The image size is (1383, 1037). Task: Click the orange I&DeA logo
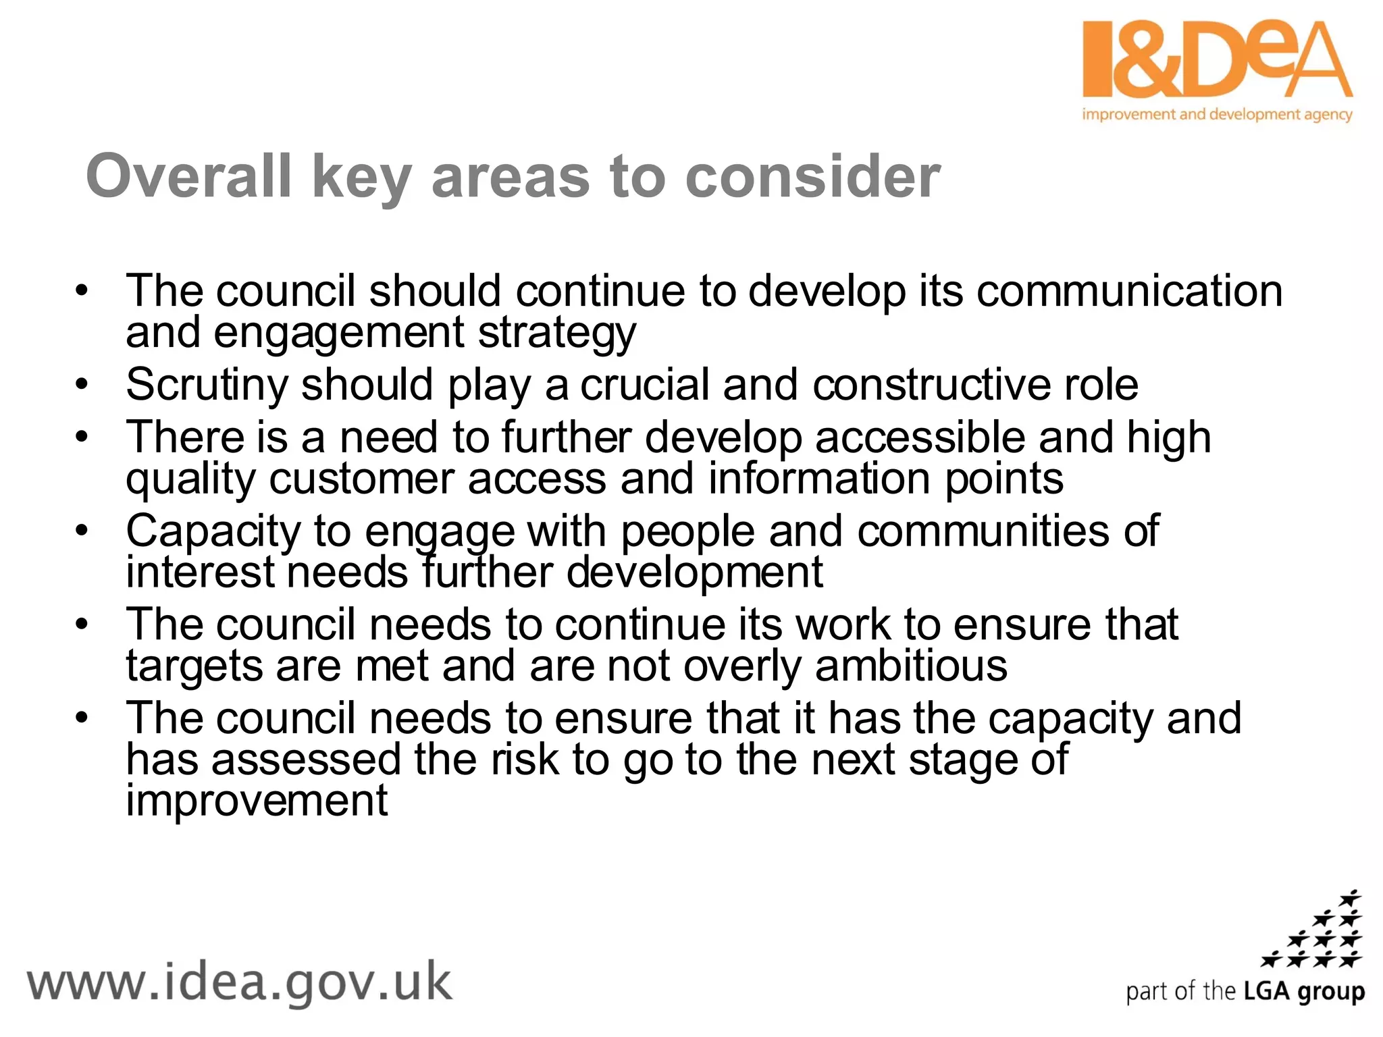coord(1217,61)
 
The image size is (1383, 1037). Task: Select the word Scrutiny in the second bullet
coord(207,385)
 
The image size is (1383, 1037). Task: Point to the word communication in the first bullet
coord(1129,292)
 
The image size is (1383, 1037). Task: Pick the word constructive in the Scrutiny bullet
coord(931,385)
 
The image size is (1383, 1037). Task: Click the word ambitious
coord(911,666)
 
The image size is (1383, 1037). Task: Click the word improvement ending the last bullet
coord(257,801)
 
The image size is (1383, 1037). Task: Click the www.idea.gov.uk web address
coord(240,983)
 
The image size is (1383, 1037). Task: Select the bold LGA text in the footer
coord(1268,991)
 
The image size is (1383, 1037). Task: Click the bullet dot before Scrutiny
coord(82,385)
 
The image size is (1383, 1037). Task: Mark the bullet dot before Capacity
coord(82,531)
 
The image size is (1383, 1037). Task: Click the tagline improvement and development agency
coord(1217,114)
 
